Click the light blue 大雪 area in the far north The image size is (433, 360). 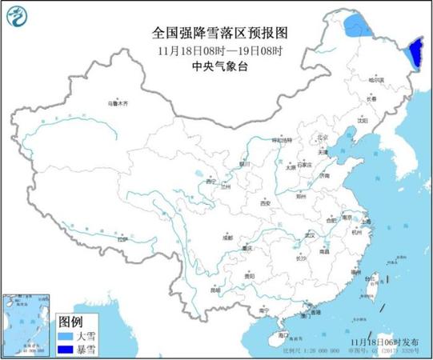point(358,30)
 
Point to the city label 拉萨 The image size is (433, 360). point(121,239)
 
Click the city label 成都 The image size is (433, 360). point(228,237)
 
